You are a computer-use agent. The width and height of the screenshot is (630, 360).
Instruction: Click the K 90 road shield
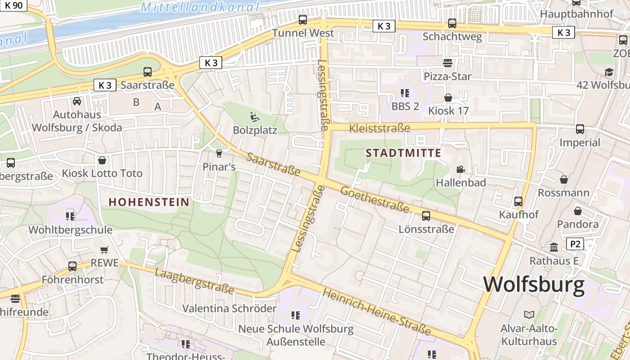13,5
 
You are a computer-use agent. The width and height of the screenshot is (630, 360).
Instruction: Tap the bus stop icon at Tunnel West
303,20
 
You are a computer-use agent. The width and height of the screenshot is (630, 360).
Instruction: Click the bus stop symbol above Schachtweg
452,23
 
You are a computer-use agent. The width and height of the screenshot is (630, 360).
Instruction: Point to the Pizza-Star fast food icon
447,63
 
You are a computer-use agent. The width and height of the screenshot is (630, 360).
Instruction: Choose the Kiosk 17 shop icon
448,98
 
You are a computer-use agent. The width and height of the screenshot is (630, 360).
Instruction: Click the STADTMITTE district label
403,153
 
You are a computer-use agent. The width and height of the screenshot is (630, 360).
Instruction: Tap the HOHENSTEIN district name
149,202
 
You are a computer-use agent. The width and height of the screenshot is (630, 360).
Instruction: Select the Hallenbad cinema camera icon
460,170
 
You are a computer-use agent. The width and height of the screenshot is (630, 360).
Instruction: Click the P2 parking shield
575,244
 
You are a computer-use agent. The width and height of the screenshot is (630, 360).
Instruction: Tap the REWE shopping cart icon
104,250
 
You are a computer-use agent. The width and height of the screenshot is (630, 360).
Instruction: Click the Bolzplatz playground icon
255,117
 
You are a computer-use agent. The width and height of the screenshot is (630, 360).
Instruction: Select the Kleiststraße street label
380,128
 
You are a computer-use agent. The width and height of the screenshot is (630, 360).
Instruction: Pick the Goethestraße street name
374,200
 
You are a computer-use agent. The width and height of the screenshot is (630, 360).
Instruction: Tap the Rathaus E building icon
554,247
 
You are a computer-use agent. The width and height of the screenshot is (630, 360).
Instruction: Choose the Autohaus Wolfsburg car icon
77,101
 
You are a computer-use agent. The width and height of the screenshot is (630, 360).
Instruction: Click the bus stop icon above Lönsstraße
426,216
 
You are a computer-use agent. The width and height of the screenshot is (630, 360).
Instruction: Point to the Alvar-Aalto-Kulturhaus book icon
529,315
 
